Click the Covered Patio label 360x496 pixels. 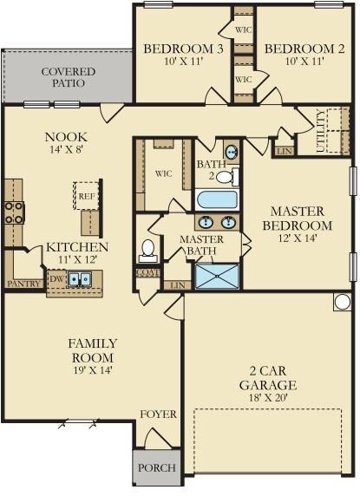[68, 77]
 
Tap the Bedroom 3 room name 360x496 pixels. [183, 49]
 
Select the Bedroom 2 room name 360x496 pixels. [304, 49]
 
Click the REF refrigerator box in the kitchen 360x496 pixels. [87, 196]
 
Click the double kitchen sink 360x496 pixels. [80, 279]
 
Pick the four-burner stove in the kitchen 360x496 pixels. [14, 212]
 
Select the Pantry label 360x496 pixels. [24, 284]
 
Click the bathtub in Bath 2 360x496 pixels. [217, 199]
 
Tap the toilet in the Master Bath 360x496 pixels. [147, 251]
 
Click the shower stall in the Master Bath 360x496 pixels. [218, 276]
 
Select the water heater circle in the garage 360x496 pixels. [343, 302]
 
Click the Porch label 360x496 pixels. [157, 467]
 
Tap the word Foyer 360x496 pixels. [158, 414]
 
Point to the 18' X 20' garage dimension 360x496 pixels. [268, 397]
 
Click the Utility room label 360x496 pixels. [320, 130]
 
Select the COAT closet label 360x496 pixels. [148, 272]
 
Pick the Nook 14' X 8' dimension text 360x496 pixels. [66, 149]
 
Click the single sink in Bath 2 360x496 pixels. [232, 151]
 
